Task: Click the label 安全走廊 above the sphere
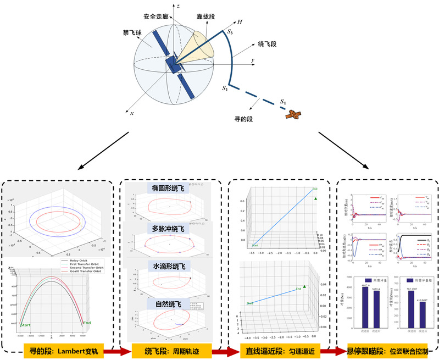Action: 158,16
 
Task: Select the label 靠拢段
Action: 205,17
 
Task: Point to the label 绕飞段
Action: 266,43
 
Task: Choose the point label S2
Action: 224,88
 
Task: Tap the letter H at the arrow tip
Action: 240,22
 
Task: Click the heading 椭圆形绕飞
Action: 169,189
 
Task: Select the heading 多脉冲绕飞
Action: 169,228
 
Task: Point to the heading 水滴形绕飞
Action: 169,266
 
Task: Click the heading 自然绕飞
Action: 169,304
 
